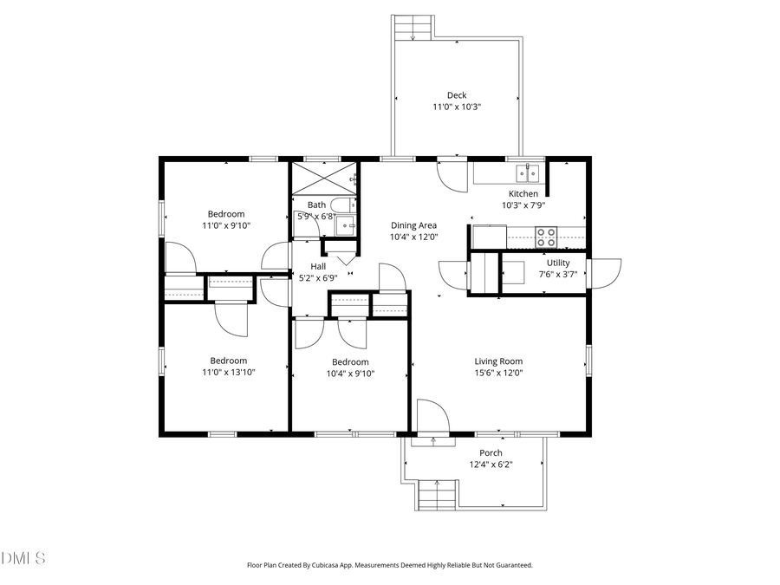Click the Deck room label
click(457, 95)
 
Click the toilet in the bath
click(343, 205)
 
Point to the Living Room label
click(498, 361)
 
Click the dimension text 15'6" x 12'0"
click(498, 373)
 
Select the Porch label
click(491, 452)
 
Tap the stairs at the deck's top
click(413, 28)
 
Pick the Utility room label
click(558, 263)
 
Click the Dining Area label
click(413, 225)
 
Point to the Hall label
click(318, 266)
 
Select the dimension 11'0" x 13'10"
click(228, 372)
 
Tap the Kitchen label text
click(523, 194)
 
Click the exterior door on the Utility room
click(604, 272)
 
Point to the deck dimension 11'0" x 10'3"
click(457, 107)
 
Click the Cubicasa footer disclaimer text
click(390, 565)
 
